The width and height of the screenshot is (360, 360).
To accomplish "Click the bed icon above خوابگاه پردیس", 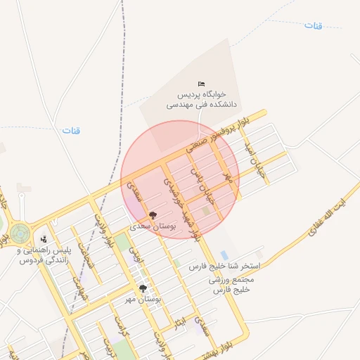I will pyautogui.click(x=202, y=84).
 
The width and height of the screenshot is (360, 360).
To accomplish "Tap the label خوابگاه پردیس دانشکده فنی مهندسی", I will pyautogui.click(x=202, y=99).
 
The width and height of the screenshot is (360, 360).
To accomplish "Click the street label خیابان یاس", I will pyautogui.click(x=205, y=184).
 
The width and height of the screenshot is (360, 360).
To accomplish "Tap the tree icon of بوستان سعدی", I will pyautogui.click(x=153, y=215).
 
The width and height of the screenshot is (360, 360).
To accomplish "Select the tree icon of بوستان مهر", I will pyautogui.click(x=143, y=288).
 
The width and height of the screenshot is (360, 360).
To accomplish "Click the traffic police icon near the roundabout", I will pyautogui.click(x=44, y=239).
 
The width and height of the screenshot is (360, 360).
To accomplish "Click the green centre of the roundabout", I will pyautogui.click(x=18, y=233).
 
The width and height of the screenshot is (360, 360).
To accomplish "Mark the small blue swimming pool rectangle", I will pyautogui.click(x=224, y=255).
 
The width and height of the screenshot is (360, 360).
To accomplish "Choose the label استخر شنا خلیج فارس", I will pyautogui.click(x=226, y=268).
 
